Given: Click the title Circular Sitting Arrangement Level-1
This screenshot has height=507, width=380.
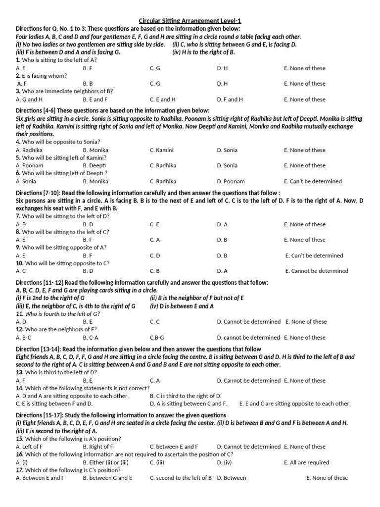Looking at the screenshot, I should (190, 21).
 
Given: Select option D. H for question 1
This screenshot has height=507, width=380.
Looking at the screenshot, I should (222, 68).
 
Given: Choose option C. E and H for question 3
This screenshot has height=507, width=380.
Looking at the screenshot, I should (162, 100).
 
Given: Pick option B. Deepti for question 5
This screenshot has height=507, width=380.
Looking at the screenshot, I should (95, 166).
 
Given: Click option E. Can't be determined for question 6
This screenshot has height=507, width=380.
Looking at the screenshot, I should (313, 182).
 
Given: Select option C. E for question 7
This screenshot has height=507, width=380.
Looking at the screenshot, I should (154, 225).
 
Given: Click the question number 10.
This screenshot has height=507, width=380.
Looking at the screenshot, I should (19, 263).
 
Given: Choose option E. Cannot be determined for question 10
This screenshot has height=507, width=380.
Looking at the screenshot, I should (317, 271).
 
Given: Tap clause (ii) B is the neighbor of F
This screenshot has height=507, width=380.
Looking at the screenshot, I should (197, 299).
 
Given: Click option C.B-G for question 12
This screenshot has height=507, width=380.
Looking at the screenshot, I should (158, 338).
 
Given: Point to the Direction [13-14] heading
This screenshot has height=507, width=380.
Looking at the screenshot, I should (138, 349).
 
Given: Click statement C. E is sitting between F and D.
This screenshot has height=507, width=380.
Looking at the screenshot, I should (54, 404).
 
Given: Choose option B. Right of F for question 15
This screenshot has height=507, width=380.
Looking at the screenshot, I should (98, 447).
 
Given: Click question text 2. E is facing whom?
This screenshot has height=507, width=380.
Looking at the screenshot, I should (42, 76).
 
